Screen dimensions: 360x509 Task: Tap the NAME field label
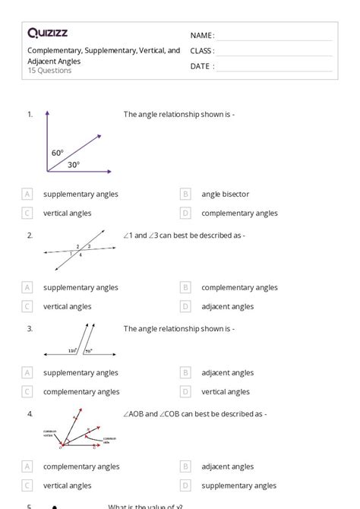[201, 36]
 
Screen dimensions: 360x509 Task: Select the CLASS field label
[202, 51]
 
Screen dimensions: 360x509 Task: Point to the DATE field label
[201, 66]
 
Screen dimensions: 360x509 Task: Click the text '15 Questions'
[49, 71]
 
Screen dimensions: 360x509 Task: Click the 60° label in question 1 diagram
[58, 153]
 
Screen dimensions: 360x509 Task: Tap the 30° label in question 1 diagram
[73, 164]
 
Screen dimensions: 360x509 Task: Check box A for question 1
[27, 194]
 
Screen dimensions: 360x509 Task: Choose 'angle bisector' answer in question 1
[225, 194]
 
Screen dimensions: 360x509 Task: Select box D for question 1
[185, 213]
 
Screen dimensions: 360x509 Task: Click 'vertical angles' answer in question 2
[68, 307]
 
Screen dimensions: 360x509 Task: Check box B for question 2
[185, 288]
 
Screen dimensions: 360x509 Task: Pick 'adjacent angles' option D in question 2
[227, 307]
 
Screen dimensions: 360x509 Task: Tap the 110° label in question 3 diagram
[72, 351]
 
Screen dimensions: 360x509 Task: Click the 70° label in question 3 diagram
[88, 351]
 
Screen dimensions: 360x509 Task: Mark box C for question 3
[27, 392]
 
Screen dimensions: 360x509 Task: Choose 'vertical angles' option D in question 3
[226, 392]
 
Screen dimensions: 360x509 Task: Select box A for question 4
[27, 466]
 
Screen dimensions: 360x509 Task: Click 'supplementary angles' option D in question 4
[238, 485]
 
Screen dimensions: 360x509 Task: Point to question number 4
[30, 414]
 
